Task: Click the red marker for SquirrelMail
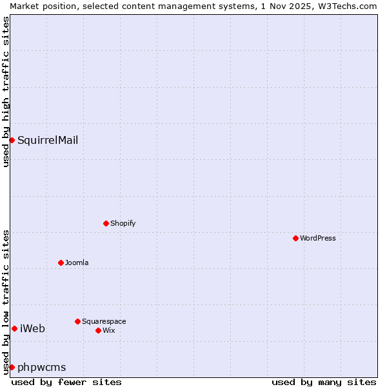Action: point(12,140)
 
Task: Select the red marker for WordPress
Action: point(295,238)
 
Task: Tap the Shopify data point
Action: point(106,223)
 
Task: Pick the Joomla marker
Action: point(61,263)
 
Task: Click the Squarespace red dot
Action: point(77,321)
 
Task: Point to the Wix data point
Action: point(98,330)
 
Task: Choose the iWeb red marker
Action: point(14,328)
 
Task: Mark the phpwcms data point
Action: point(12,367)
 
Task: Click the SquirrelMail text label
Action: point(48,140)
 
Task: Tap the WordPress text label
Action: point(318,238)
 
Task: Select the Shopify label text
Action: point(123,223)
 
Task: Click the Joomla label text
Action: point(77,263)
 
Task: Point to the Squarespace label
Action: point(104,321)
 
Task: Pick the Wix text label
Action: point(109,330)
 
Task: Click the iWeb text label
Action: point(32,328)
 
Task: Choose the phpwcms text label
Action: point(42,367)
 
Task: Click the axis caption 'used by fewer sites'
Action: point(66,382)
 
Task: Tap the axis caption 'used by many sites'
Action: point(324,382)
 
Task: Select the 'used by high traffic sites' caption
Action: point(6,92)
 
